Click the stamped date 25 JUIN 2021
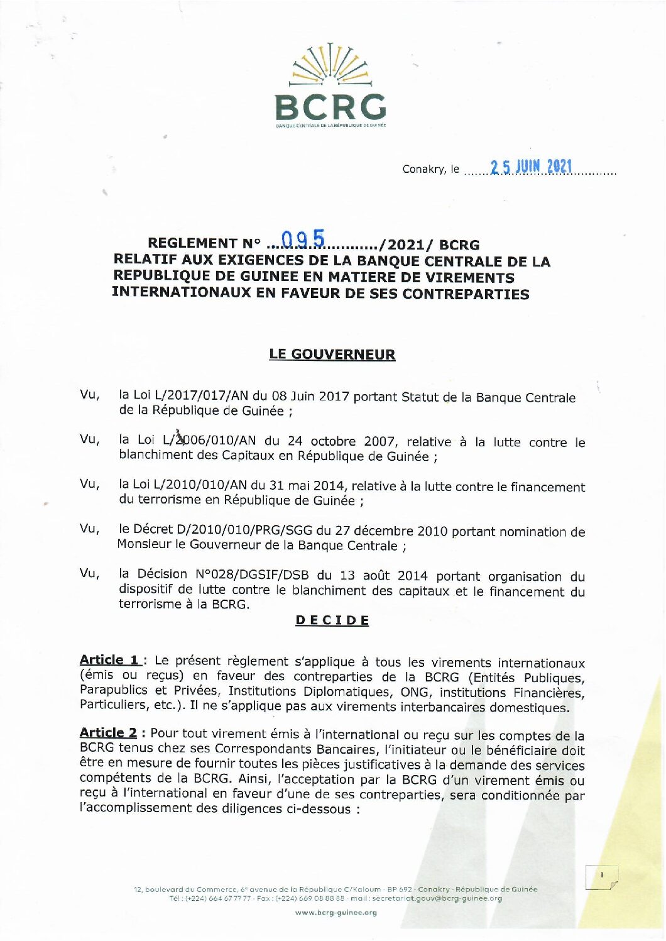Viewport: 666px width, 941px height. (x=531, y=167)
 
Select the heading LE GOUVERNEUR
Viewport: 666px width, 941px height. (x=332, y=355)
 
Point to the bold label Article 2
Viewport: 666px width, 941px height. (x=109, y=733)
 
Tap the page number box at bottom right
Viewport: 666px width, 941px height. (x=601, y=877)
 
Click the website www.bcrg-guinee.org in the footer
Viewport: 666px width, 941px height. (x=336, y=913)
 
